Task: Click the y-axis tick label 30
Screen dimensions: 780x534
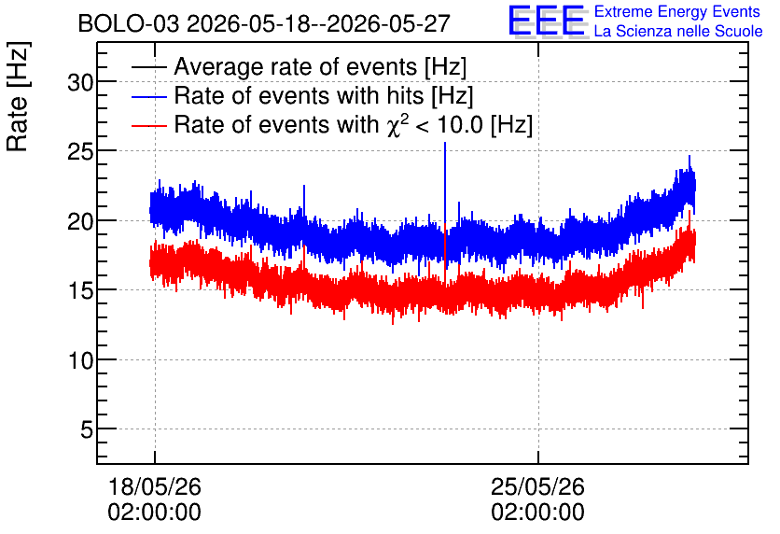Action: click(x=80, y=82)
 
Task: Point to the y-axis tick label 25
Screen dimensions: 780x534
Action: click(x=80, y=152)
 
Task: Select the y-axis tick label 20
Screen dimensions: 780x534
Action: click(x=80, y=221)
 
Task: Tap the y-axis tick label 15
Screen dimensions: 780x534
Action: click(x=80, y=290)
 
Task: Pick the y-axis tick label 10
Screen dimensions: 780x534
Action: click(x=80, y=360)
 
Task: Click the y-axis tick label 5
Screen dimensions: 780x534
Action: click(x=87, y=429)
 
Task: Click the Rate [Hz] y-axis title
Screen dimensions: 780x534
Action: click(x=18, y=96)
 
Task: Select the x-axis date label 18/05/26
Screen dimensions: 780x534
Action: click(x=154, y=486)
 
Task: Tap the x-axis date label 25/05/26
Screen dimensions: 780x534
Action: click(x=537, y=486)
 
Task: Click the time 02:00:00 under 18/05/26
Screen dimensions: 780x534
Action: click(x=154, y=513)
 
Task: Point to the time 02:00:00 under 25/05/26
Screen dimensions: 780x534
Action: click(x=537, y=513)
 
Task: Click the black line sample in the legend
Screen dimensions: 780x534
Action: click(x=149, y=67)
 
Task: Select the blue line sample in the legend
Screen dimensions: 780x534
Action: click(x=149, y=96)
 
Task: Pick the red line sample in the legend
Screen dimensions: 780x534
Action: click(x=149, y=125)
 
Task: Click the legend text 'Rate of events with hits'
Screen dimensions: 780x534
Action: click(x=299, y=95)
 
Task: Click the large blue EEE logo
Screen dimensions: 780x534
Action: click(x=547, y=21)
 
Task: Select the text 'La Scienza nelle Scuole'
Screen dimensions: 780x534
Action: click(x=678, y=31)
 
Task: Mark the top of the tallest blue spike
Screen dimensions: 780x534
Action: click(x=445, y=143)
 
